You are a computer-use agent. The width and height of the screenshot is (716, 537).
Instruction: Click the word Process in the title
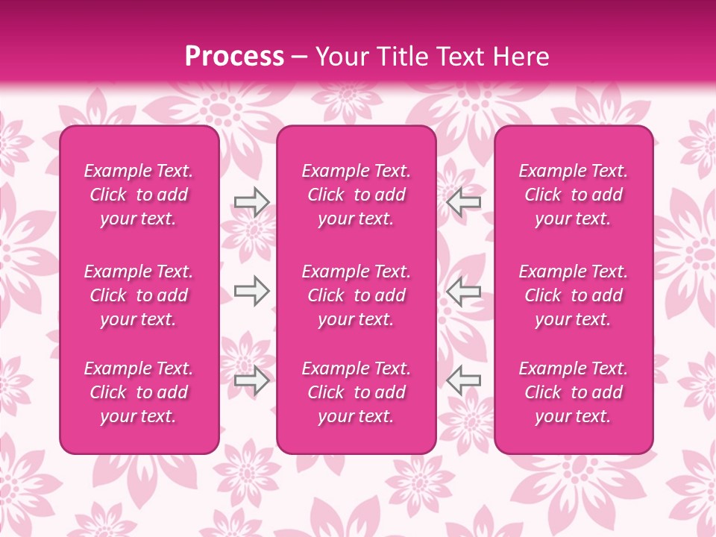pyautogui.click(x=234, y=57)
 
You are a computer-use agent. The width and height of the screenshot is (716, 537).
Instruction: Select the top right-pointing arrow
pyautogui.click(x=251, y=202)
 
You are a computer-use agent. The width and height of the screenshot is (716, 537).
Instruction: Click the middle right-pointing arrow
pyautogui.click(x=251, y=291)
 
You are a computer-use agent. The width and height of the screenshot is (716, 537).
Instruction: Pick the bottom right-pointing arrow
pyautogui.click(x=251, y=380)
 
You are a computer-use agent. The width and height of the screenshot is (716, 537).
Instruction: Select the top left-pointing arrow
pyautogui.click(x=463, y=202)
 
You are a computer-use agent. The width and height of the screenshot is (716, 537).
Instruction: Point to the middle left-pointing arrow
pyautogui.click(x=463, y=291)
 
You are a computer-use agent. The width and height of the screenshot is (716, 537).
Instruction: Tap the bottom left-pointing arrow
pyautogui.click(x=463, y=380)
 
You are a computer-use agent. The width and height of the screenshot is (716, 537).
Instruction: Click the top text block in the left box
pyautogui.click(x=139, y=195)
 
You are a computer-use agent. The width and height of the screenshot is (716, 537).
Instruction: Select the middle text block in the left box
pyautogui.click(x=139, y=295)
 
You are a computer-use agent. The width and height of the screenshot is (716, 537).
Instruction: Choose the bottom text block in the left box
pyautogui.click(x=139, y=392)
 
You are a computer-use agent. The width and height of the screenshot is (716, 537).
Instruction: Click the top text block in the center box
pyautogui.click(x=356, y=195)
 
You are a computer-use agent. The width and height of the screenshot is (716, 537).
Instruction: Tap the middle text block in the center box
pyautogui.click(x=356, y=295)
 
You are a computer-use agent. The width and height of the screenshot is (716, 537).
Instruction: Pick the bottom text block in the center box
pyautogui.click(x=356, y=392)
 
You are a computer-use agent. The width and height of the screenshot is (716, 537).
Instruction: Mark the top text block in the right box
pyautogui.click(x=574, y=195)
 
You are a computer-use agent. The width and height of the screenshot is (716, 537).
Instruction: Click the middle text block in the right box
pyautogui.click(x=574, y=295)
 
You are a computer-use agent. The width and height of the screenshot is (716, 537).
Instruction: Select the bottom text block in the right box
pyautogui.click(x=574, y=392)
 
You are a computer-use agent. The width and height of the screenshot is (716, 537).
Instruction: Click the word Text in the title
pyautogui.click(x=462, y=57)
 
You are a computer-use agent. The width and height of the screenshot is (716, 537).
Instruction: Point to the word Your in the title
pyautogui.click(x=342, y=57)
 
